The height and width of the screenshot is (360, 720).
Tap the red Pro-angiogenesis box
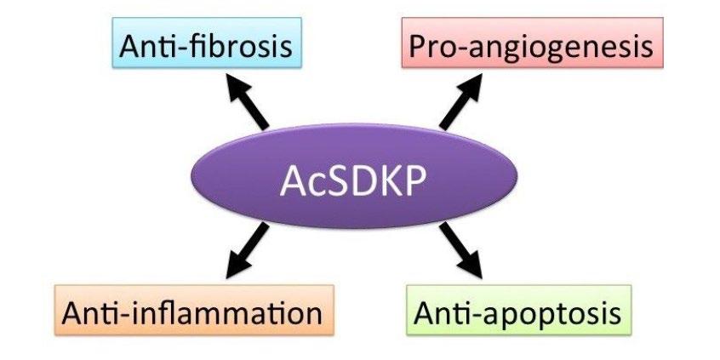point(530,45)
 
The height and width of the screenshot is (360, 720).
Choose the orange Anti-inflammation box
point(192,311)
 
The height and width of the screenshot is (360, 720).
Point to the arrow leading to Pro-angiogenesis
point(465,100)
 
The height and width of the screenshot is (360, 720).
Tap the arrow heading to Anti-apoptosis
point(464,253)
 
